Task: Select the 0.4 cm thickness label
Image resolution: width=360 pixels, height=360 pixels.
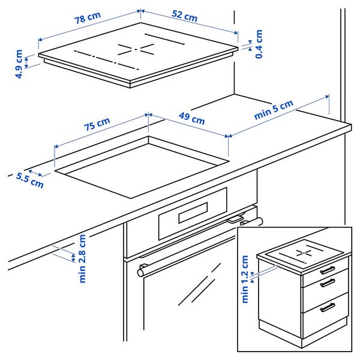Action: (259, 44)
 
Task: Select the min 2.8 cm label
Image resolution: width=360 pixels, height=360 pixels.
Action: (82, 258)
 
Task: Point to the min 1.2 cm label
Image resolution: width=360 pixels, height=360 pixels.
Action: (245, 279)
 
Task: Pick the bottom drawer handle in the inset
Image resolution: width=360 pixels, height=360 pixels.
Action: (328, 307)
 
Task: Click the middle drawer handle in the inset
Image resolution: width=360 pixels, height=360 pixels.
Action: (327, 283)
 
